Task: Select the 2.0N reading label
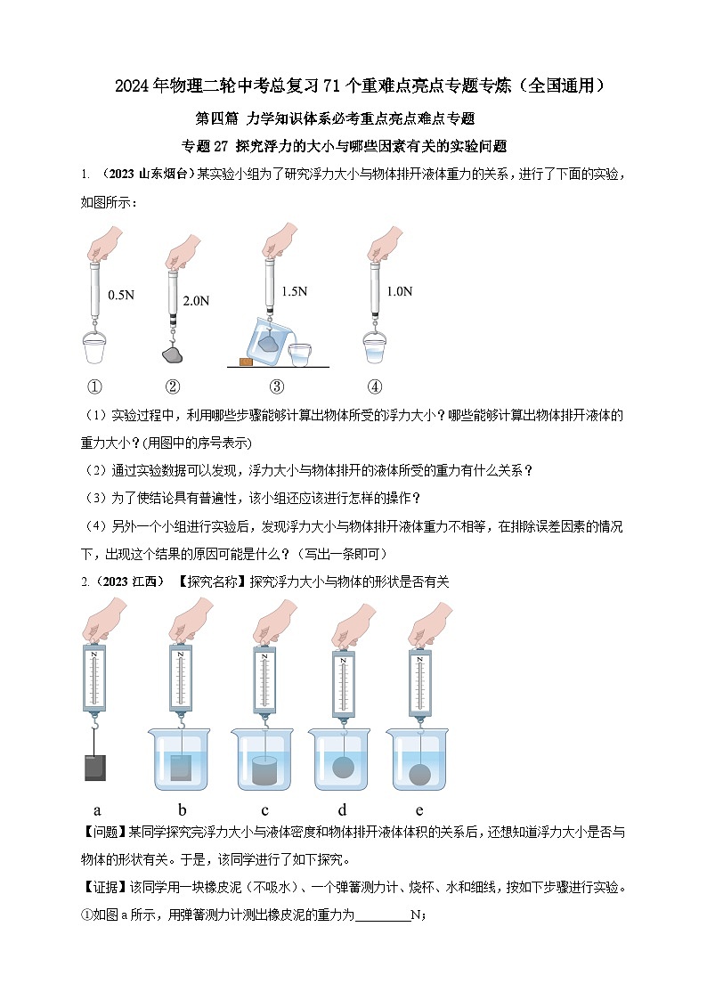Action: tap(196, 301)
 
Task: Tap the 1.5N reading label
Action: tap(294, 291)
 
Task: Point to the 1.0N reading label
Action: tap(400, 291)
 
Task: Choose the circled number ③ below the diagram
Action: tap(277, 386)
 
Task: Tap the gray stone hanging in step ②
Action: tap(173, 355)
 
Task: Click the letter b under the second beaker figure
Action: tap(182, 810)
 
